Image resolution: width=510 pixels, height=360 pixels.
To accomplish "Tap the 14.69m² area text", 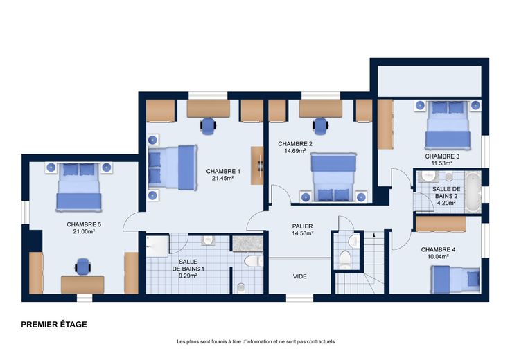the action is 294,151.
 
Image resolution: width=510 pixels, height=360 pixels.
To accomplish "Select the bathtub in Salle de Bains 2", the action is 473,192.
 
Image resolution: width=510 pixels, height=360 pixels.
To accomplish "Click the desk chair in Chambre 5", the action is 83,267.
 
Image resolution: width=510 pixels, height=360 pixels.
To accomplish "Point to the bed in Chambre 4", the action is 455,279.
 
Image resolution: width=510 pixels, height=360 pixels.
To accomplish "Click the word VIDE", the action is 299,276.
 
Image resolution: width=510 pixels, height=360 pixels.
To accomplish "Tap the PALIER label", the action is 302,226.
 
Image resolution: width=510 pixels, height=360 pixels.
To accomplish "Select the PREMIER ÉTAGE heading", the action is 54,324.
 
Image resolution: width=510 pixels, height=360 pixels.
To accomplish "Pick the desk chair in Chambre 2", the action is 320,126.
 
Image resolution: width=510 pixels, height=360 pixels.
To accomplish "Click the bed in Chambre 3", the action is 448,125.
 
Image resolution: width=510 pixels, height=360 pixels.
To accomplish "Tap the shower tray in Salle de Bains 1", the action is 157,246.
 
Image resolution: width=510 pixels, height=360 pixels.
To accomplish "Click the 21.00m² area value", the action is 84,231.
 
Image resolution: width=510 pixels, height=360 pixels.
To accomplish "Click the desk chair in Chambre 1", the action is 208,126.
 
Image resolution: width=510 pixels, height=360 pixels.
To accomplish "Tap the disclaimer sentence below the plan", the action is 256,341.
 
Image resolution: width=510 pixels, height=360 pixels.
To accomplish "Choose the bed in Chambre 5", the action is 79,187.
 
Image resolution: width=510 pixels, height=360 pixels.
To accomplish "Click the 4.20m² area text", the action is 446,203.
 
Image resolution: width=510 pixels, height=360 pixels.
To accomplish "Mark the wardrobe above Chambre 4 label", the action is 441,224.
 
